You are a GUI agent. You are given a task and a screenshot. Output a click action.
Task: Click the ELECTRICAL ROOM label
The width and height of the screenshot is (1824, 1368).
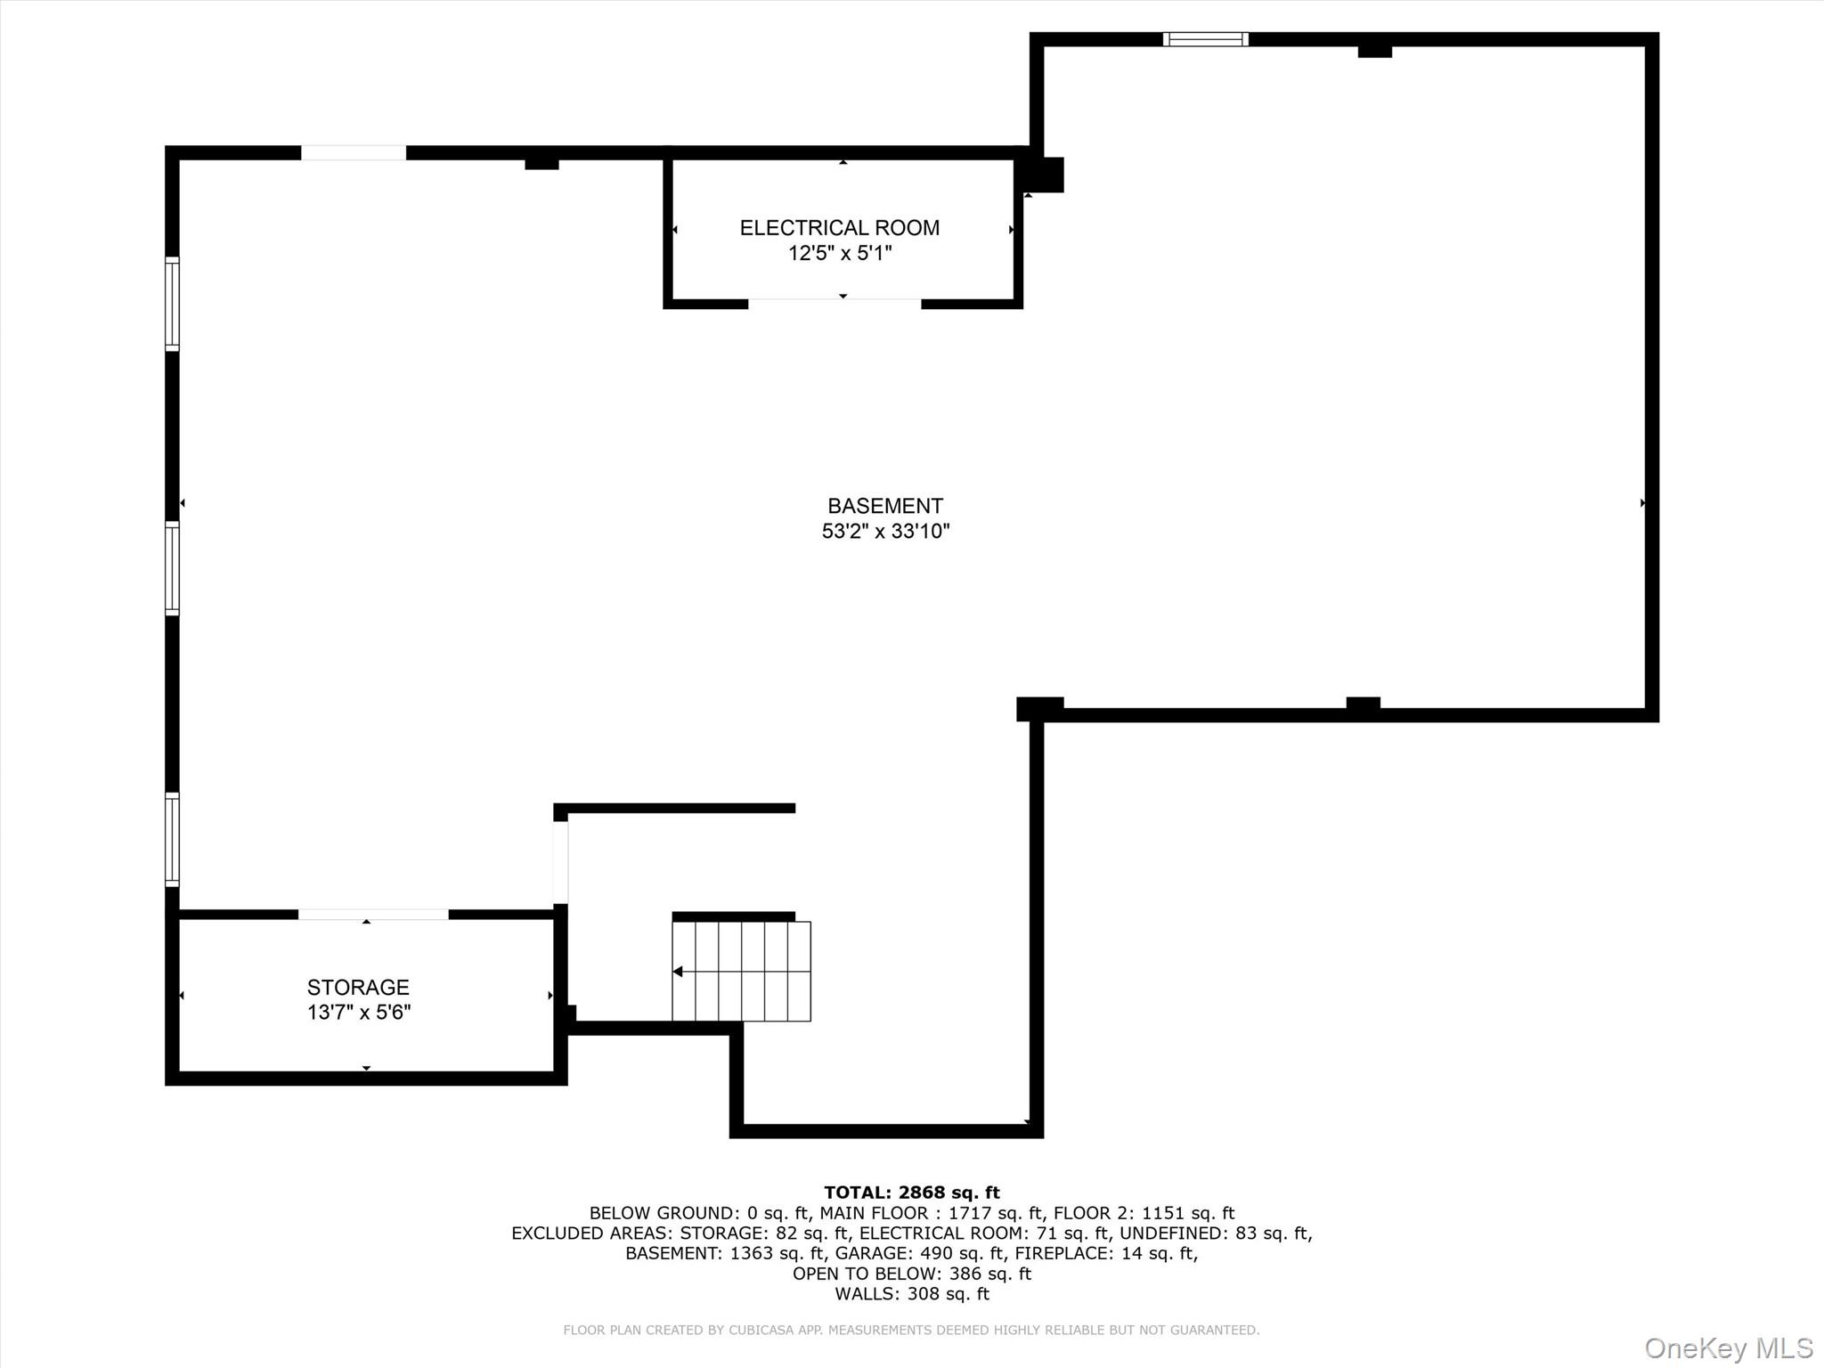[x=839, y=228]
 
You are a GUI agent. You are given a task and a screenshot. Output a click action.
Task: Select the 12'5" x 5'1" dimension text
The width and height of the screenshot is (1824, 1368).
[x=839, y=254]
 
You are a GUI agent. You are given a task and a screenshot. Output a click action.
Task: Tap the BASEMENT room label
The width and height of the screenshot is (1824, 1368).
[x=884, y=506]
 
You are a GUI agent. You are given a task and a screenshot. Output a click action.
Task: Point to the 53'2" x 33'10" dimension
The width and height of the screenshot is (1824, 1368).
[x=885, y=532]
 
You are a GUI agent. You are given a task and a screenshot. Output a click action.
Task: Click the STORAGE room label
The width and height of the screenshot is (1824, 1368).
[x=358, y=987]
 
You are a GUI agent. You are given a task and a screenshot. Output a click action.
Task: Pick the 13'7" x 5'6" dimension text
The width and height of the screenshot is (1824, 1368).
[x=358, y=1013]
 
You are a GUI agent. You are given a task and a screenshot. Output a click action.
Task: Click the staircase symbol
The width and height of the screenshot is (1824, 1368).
[x=741, y=971]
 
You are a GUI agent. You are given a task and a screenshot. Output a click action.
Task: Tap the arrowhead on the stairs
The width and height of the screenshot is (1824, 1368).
[x=678, y=972]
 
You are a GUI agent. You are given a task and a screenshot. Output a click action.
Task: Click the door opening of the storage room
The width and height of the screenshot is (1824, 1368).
[x=373, y=915]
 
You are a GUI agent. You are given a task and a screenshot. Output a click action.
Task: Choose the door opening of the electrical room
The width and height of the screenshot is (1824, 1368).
[x=834, y=304]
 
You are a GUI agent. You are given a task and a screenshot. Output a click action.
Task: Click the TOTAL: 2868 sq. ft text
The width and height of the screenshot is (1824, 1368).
[x=911, y=1193]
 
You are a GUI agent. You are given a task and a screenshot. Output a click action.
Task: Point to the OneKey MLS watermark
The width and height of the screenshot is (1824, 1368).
[x=1728, y=1348]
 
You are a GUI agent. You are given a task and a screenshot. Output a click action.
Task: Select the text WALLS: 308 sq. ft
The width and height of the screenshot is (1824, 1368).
[x=911, y=1294]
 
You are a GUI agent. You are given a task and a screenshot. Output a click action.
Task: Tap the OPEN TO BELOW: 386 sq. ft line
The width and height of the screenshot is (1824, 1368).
[x=911, y=1274]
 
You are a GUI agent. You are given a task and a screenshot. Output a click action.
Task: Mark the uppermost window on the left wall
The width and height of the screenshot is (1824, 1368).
[x=173, y=304]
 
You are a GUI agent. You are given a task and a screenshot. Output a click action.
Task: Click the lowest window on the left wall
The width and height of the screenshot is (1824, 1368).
[x=173, y=839]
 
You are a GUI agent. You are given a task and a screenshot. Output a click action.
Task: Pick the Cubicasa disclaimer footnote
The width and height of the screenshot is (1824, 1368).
[x=911, y=1330]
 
